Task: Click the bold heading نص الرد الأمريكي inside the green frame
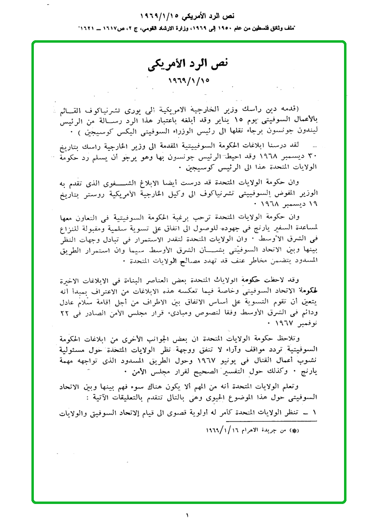point(188,64)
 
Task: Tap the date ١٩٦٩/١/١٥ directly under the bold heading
point(188,80)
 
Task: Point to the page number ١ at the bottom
point(187,515)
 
